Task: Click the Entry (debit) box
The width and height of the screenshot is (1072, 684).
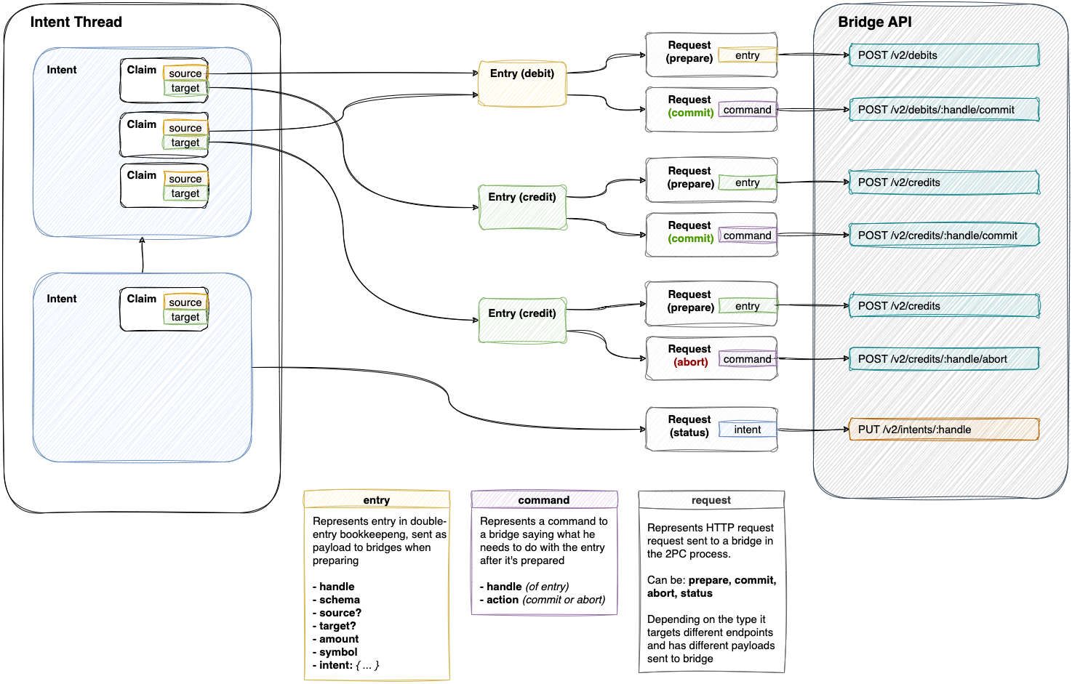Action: click(522, 84)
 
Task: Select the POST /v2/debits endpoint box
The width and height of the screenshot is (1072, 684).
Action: click(944, 55)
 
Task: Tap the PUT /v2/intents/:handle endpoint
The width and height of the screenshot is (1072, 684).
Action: click(944, 430)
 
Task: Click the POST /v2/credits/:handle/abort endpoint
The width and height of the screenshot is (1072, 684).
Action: click(944, 359)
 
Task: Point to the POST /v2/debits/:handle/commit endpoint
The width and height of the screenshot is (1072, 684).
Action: click(944, 110)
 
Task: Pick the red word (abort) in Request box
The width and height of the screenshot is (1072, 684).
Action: click(690, 362)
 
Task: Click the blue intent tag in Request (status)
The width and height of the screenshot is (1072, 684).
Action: click(747, 430)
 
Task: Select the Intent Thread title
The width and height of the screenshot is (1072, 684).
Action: click(76, 22)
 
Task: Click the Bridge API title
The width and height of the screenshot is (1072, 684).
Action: click(874, 22)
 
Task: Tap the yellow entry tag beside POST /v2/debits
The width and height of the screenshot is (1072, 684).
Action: click(747, 55)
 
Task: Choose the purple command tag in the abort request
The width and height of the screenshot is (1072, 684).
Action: click(747, 359)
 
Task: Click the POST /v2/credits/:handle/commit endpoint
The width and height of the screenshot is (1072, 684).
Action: click(944, 236)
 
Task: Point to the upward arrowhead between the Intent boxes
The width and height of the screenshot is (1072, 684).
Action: click(142, 240)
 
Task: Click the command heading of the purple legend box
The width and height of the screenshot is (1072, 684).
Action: click(544, 500)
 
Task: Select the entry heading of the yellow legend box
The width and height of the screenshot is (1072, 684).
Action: click(376, 500)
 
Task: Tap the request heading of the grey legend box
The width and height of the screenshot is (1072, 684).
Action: click(711, 500)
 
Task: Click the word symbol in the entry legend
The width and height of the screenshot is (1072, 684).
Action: click(338, 652)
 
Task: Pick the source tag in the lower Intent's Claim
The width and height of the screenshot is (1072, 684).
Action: click(185, 302)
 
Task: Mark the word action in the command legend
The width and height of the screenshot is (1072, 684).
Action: click(503, 600)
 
